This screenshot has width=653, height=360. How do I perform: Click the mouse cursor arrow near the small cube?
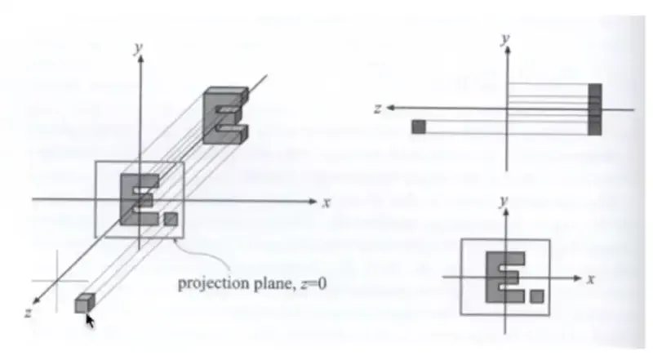coord(90,320)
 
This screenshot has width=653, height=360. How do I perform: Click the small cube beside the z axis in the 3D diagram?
coord(82,304)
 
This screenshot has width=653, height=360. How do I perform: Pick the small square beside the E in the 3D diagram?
coord(170,219)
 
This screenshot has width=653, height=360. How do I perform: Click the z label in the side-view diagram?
coord(377,108)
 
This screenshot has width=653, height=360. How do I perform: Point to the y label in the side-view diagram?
coord(506,39)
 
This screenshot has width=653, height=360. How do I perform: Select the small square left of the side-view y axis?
coord(420,126)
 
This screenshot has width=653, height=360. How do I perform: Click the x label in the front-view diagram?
coord(589,279)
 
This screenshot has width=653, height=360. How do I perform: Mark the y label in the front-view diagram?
coord(505,201)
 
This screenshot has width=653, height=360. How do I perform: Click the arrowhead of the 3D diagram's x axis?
coord(313,200)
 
